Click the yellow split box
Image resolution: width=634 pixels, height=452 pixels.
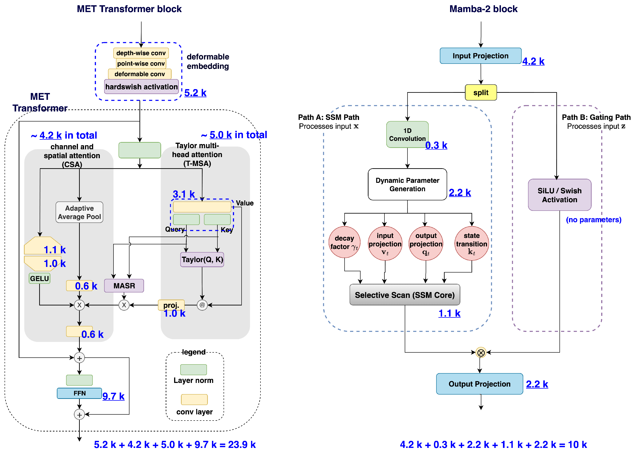pyautogui.click(x=480, y=92)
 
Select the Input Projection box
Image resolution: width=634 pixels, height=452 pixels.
pyautogui.click(x=480, y=56)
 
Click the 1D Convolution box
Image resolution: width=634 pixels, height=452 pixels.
pyautogui.click(x=407, y=134)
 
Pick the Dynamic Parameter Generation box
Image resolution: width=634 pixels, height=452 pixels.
pyautogui.click(x=407, y=184)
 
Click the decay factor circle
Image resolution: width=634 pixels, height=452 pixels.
pyautogui.click(x=344, y=242)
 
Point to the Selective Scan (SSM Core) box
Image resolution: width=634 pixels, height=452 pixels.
pyautogui.click(x=405, y=295)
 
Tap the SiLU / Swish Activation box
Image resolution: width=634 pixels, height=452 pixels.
pyautogui.click(x=559, y=195)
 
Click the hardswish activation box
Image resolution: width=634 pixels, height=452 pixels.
pyautogui.click(x=141, y=87)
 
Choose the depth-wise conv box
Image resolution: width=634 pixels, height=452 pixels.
pyautogui.click(x=141, y=53)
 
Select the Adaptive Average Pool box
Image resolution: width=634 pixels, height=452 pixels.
pyautogui.click(x=79, y=212)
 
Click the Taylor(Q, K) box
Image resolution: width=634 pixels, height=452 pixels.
pyautogui.click(x=202, y=260)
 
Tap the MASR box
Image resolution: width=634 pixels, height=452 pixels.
pyautogui.click(x=124, y=286)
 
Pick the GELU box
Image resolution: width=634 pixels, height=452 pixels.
pyautogui.click(x=39, y=278)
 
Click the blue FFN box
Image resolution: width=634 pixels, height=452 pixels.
pyautogui.click(x=79, y=393)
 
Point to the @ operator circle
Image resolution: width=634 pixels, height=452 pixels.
pyautogui.click(x=202, y=305)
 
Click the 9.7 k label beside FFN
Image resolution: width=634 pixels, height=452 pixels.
pyautogui.click(x=113, y=396)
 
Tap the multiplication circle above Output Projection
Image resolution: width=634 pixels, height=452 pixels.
pyautogui.click(x=480, y=353)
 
